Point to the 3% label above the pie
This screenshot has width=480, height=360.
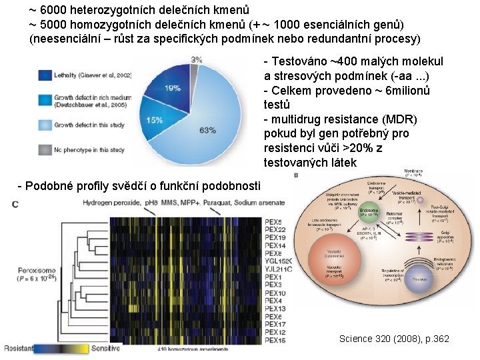click(x=197, y=59)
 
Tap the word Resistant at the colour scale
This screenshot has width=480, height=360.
click(x=18, y=349)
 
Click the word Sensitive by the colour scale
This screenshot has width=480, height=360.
click(x=105, y=349)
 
